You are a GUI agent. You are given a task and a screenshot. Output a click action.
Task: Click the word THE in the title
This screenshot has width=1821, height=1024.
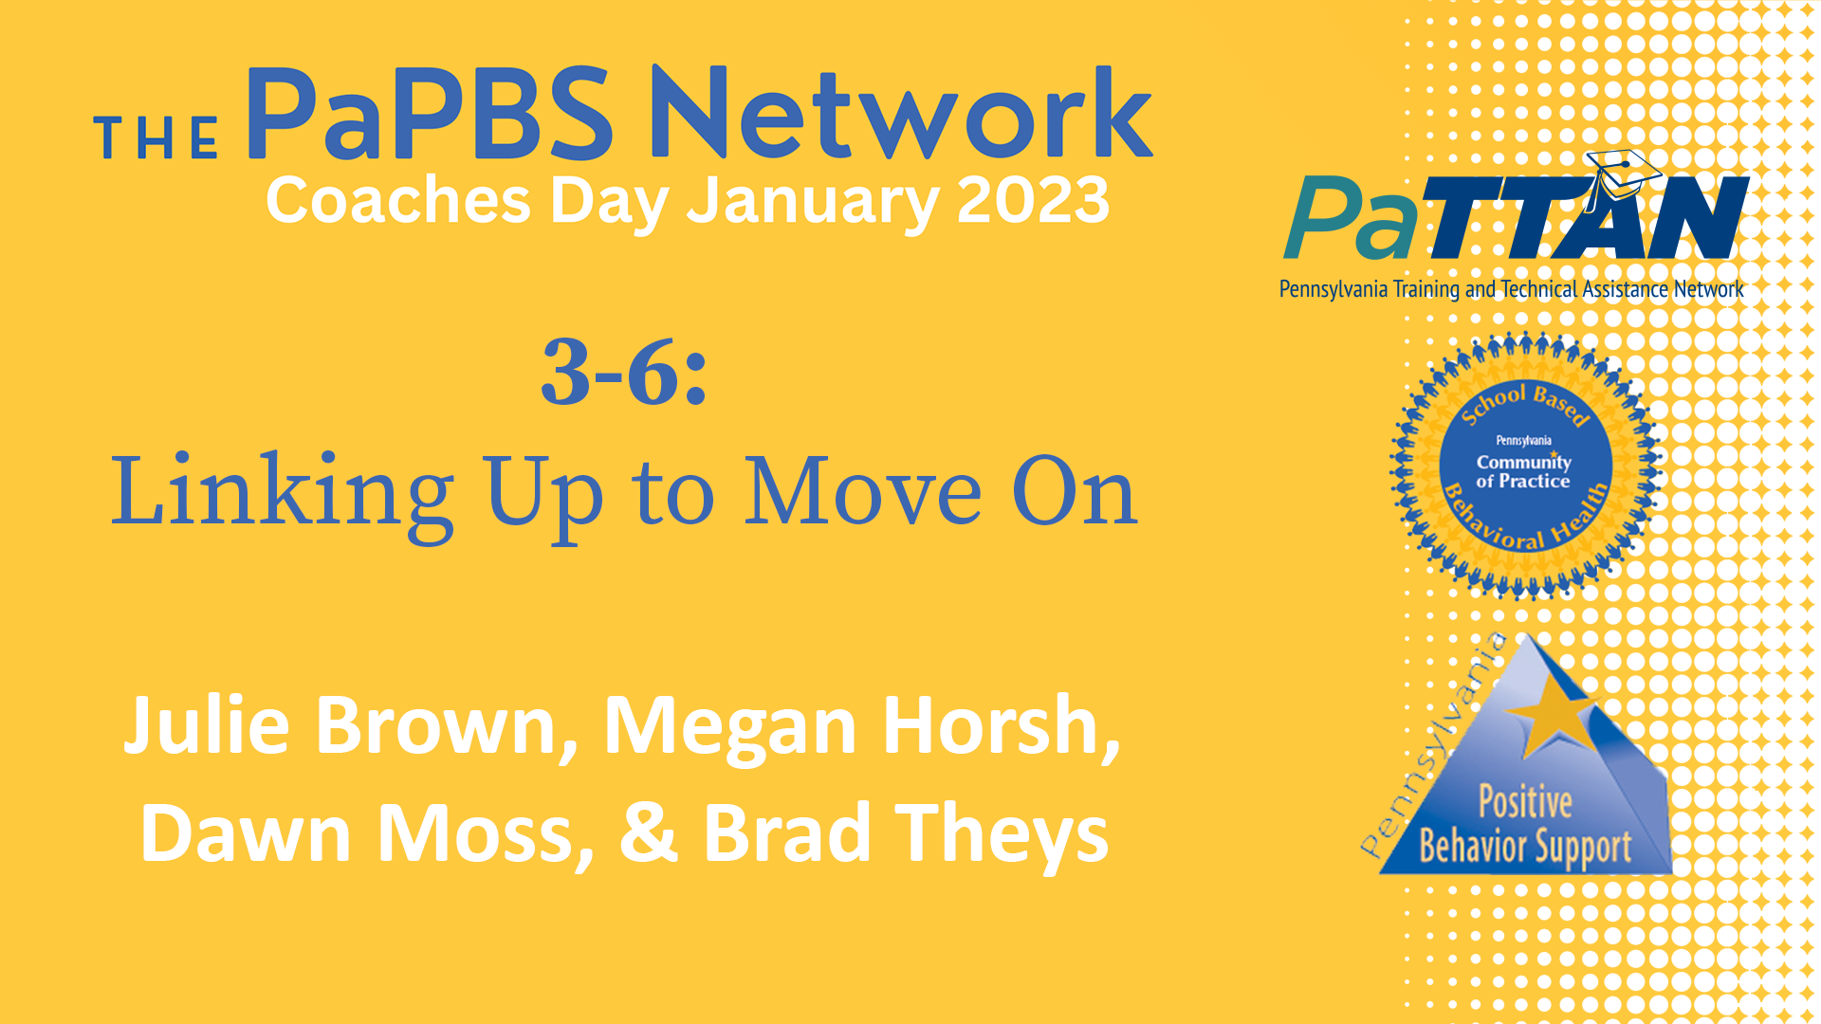tap(157, 138)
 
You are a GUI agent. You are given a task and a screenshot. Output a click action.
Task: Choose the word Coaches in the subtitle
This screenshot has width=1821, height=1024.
tap(398, 201)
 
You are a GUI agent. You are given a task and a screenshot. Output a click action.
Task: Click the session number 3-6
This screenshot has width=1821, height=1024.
tap(624, 372)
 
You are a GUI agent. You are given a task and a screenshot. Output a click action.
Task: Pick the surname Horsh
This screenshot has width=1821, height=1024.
tap(1001, 724)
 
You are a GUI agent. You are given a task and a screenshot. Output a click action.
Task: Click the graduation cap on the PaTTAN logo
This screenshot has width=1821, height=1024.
tap(1623, 171)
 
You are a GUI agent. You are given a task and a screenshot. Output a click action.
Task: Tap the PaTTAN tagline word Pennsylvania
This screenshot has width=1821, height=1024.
tap(1333, 289)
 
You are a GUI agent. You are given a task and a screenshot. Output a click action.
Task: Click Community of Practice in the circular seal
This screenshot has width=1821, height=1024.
tap(1523, 471)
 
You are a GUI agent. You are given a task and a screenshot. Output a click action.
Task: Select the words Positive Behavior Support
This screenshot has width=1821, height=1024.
tap(1525, 825)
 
